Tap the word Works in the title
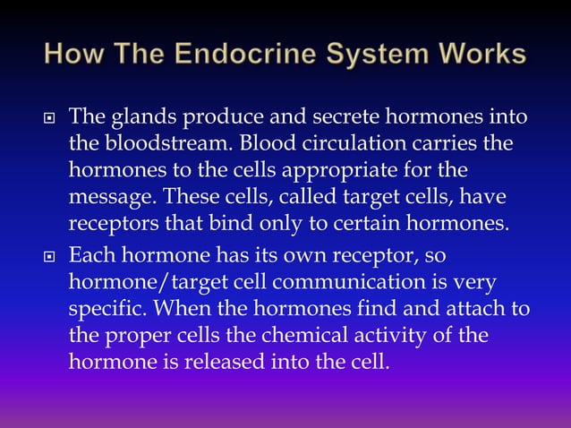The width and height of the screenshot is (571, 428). tap(483, 55)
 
